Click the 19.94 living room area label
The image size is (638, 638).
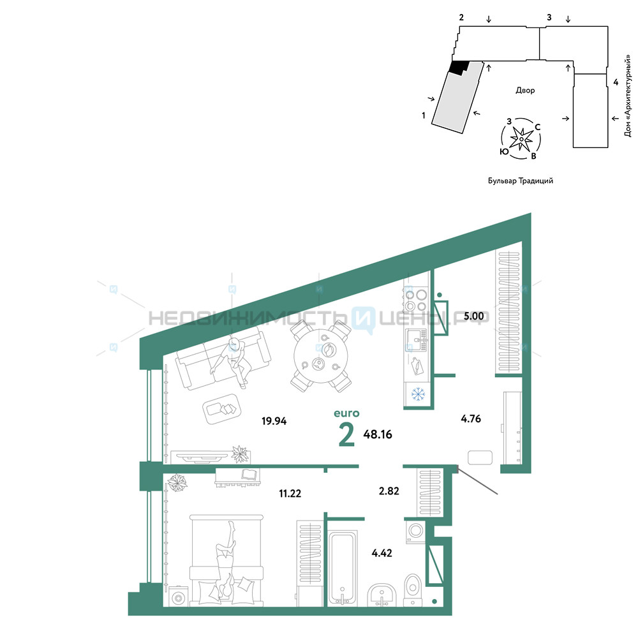pos(274,420)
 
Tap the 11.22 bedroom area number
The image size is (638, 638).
pos(290,494)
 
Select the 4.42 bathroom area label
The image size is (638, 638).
pos(382,553)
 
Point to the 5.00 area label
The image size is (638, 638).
pos(473,316)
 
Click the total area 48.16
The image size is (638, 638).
pos(378,434)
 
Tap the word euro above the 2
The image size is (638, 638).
pos(346,413)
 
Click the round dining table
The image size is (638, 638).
pos(321,356)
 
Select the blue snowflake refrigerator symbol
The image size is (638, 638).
pos(418,394)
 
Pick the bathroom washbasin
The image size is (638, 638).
pos(382,595)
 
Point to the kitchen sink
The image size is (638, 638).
pos(416,340)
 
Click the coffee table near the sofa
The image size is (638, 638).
pos(222,409)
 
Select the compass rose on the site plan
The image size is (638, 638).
pos(521,139)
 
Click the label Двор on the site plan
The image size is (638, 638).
pos(525,91)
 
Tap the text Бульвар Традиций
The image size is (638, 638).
pos(521,181)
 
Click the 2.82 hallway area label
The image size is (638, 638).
pos(389,491)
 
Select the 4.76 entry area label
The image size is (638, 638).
pos(471,419)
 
